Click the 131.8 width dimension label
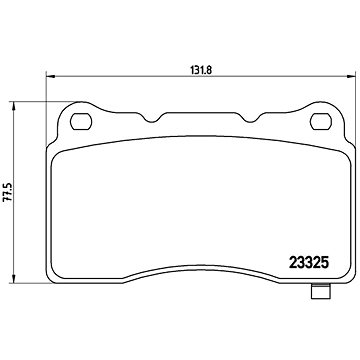tap(201, 70)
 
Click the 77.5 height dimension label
tap(7, 192)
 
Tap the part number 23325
tap(309, 263)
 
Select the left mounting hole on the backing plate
tap(81, 122)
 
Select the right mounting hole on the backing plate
tap(321, 122)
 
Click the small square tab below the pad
tap(320, 291)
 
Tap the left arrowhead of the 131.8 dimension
tap(50, 76)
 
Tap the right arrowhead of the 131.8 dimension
tap(351, 76)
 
